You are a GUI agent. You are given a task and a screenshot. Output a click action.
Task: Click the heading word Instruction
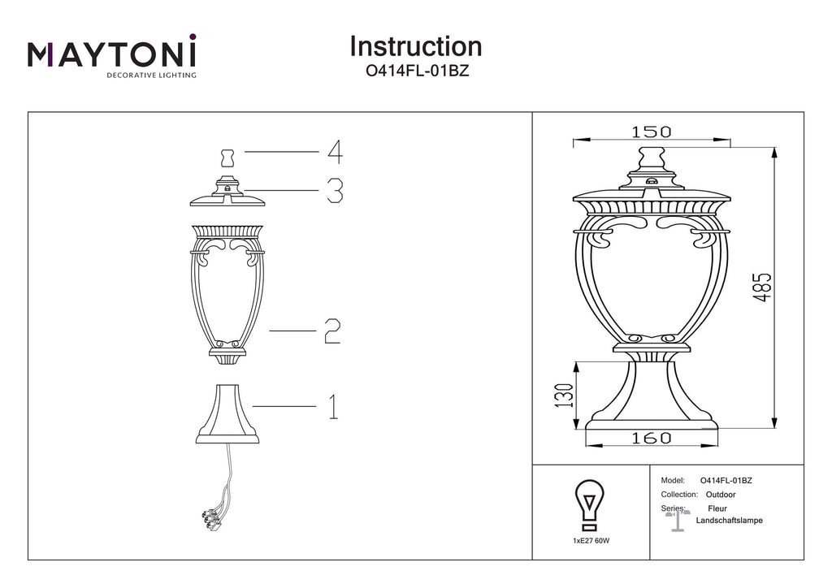coord(415,46)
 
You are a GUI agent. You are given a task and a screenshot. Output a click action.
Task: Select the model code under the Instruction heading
coord(417,71)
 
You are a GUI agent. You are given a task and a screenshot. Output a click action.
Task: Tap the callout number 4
coord(335,152)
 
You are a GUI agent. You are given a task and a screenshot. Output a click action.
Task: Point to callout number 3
coord(334,190)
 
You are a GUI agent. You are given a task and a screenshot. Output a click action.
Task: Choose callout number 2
coord(332,331)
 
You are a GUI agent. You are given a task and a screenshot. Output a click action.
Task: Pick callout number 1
coord(332,407)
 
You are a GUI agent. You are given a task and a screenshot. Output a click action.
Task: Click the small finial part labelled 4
coord(227,158)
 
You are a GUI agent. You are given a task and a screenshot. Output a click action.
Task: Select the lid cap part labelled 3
coord(227,192)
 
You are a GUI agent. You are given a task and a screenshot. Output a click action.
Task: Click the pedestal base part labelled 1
coord(227,414)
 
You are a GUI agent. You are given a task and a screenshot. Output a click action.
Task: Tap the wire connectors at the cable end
coord(210,520)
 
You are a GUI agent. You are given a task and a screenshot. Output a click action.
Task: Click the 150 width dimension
coord(651,132)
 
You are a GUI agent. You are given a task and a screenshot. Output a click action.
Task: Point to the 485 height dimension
coord(763,288)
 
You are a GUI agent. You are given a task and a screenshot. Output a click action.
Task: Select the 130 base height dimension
coord(565,396)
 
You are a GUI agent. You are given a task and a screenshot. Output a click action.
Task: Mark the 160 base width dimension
coord(651,438)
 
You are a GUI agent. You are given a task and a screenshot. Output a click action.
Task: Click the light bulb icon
coord(590,505)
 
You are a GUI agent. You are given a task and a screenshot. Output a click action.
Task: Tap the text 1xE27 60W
coord(591,541)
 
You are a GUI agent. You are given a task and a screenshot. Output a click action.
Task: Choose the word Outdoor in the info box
coord(721,495)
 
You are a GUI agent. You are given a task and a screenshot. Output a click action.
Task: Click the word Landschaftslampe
coord(729,520)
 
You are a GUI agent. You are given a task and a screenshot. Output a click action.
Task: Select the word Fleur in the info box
coord(717,508)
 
